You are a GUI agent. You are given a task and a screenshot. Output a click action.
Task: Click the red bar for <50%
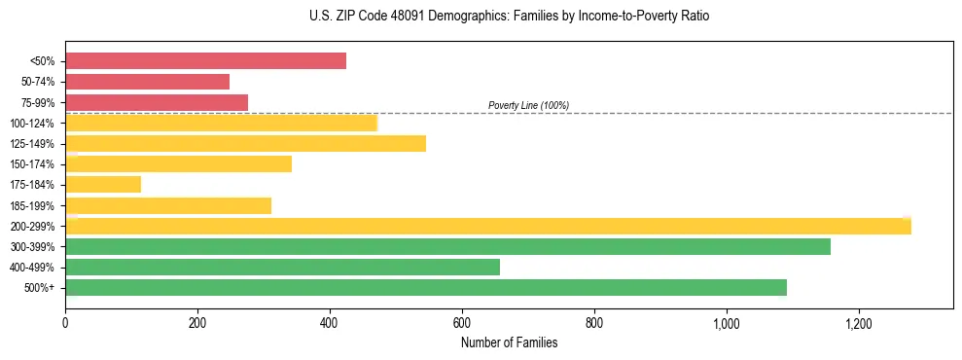point(205,61)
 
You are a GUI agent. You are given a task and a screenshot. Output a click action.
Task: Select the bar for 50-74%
point(147,82)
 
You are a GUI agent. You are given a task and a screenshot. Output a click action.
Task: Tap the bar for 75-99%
point(157,102)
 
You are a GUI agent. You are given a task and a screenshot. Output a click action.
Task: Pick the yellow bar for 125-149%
point(245,144)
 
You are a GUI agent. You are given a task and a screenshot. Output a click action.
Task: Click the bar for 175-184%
point(103,185)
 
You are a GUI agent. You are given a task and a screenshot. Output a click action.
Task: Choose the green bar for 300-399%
point(447,247)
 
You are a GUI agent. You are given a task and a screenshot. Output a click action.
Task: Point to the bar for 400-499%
point(282,268)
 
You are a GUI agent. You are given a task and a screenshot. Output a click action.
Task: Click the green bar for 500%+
point(426,288)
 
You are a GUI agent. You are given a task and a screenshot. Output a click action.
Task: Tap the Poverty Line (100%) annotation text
point(528,105)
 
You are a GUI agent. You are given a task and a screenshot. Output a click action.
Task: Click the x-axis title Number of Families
point(509,342)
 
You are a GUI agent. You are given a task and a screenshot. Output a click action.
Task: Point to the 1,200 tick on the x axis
point(859,322)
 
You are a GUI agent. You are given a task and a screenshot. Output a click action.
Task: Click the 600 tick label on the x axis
point(462,322)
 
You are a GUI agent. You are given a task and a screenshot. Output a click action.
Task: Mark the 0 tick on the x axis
point(65,322)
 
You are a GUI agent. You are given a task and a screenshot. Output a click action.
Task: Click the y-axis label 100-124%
point(34,124)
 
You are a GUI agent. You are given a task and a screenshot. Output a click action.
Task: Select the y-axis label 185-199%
point(34,206)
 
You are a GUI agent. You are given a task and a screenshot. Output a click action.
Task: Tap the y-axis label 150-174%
point(34,164)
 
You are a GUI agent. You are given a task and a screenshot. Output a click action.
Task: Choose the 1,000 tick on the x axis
point(727,322)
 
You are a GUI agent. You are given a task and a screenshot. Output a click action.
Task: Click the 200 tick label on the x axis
point(197,322)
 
